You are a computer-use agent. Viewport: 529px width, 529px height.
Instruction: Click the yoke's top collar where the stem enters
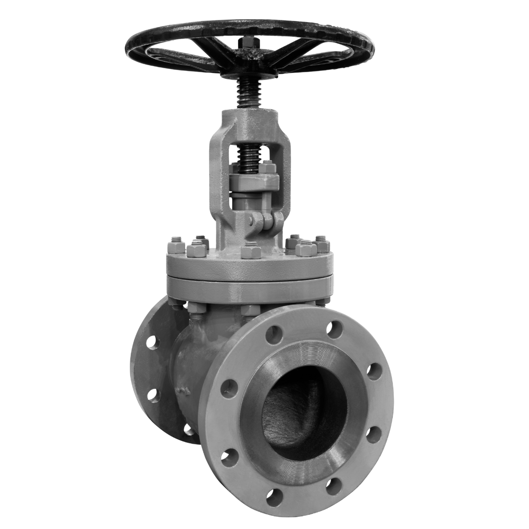click(249, 118)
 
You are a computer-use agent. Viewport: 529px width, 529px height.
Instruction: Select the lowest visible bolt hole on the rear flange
click(189, 430)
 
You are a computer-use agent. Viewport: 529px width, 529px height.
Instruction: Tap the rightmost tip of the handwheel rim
click(374, 48)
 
